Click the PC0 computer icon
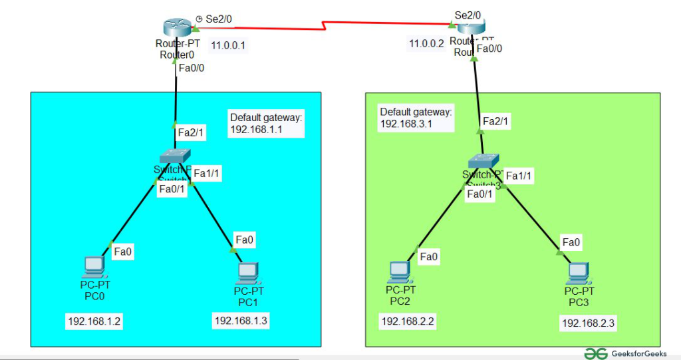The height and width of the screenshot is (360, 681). (94, 268)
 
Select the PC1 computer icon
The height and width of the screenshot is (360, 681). (248, 272)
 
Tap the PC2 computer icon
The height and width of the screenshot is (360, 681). (400, 271)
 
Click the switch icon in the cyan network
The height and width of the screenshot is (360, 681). (176, 156)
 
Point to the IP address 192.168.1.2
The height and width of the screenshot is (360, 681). (94, 321)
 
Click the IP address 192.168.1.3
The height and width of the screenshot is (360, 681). (241, 321)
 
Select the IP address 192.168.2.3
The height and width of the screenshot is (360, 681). (589, 323)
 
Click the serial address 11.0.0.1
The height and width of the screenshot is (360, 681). (228, 46)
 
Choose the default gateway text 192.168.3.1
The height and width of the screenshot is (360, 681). (406, 124)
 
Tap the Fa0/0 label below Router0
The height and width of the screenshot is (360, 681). (192, 67)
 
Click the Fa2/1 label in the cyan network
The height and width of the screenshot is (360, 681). (191, 133)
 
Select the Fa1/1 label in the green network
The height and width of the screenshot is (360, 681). (521, 175)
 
